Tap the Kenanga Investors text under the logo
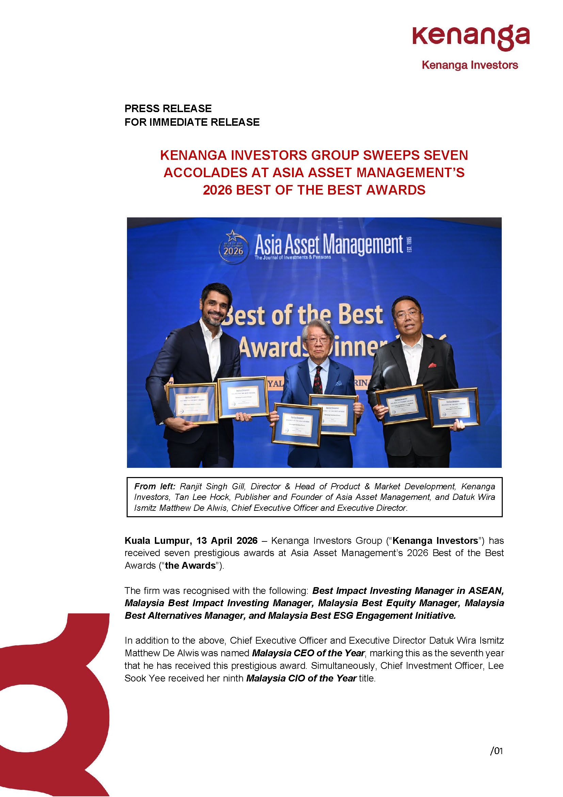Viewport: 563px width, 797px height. [470, 65]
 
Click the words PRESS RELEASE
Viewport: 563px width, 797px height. [168, 108]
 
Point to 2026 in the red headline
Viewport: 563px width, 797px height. [218, 190]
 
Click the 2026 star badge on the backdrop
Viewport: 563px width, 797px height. [233, 247]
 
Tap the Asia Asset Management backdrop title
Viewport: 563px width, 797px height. [329, 244]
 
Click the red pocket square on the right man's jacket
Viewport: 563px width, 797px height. [432, 365]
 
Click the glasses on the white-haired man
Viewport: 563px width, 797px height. [318, 340]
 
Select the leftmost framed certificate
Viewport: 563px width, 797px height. [192, 403]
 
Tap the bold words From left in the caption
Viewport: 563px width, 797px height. [155, 486]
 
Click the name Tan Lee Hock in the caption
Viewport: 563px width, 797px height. [202, 497]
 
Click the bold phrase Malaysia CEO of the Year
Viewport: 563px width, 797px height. [308, 653]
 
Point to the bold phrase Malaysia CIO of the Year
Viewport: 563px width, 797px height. [301, 678]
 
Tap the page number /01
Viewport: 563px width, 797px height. [496, 751]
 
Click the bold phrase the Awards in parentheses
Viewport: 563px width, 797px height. [190, 566]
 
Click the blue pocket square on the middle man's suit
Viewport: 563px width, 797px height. [338, 384]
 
